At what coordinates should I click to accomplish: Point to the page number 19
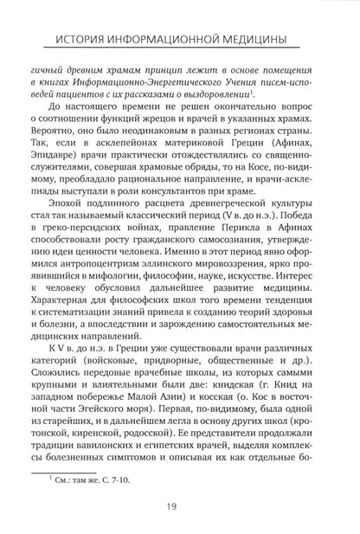[x=180, y=505]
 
